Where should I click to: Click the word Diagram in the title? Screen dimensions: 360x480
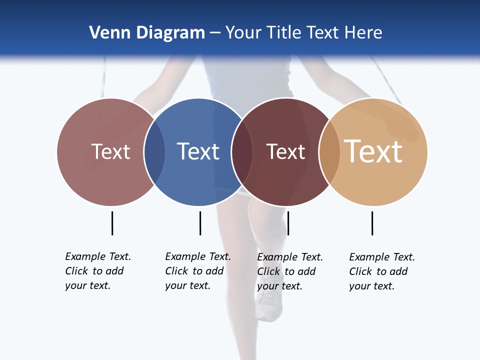(x=170, y=32)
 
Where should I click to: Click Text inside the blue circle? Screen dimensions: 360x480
(x=198, y=151)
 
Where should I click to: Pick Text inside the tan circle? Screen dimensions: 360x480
(x=373, y=151)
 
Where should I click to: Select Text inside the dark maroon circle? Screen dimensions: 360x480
(x=285, y=152)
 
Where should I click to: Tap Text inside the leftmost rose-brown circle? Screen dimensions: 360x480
(x=110, y=151)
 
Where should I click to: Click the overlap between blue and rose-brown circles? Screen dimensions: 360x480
(x=155, y=152)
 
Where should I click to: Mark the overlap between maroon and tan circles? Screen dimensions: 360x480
(x=329, y=152)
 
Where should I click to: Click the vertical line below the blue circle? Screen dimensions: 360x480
(x=200, y=223)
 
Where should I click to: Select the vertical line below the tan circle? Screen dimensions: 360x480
(x=372, y=223)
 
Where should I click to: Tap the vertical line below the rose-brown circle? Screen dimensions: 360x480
(x=112, y=223)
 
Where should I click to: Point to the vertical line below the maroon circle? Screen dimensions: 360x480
(x=288, y=223)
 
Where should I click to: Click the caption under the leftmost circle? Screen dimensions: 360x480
(x=98, y=271)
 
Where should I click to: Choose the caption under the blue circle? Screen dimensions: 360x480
(x=198, y=271)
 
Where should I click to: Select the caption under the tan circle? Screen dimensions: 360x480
(x=382, y=271)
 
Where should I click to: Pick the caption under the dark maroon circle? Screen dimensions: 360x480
(x=290, y=271)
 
